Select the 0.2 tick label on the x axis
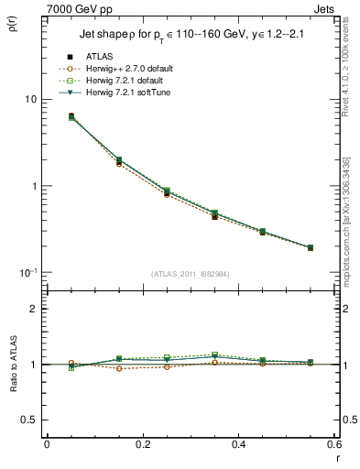[142, 444]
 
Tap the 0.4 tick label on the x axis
[238, 444]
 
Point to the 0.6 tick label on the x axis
[333, 444]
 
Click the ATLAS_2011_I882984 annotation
[190, 275]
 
